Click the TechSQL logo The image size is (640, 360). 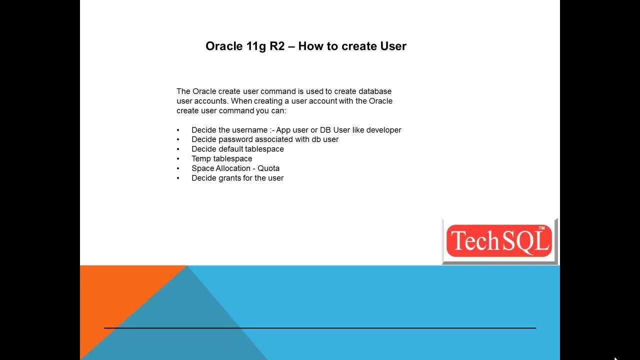click(499, 241)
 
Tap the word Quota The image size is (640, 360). click(268, 168)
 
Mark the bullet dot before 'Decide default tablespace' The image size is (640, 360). click(178, 149)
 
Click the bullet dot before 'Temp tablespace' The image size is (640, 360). click(178, 159)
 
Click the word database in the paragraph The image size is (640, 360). click(375, 91)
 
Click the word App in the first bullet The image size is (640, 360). click(283, 130)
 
